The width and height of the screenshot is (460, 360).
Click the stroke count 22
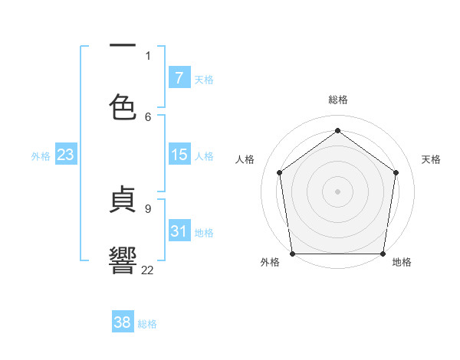(x=148, y=270)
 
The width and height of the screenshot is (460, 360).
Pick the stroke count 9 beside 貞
(x=148, y=208)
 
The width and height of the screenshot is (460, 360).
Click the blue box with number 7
(x=179, y=78)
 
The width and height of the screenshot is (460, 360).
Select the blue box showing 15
(x=179, y=155)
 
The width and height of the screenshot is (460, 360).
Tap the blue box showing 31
(x=179, y=231)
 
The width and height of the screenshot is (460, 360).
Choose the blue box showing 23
(x=66, y=155)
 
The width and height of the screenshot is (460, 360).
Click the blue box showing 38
(x=123, y=322)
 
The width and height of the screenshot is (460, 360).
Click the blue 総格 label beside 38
(x=147, y=324)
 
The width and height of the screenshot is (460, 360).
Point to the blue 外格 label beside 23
(x=41, y=156)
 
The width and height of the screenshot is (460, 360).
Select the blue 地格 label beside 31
(x=205, y=233)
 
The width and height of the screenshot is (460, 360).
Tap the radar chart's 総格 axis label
(x=338, y=100)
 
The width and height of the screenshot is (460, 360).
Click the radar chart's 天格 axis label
(x=431, y=159)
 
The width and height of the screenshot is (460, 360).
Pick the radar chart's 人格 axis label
(x=245, y=159)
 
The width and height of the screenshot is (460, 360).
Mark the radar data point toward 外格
(x=292, y=254)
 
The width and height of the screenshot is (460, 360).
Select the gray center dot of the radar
(x=338, y=191)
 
